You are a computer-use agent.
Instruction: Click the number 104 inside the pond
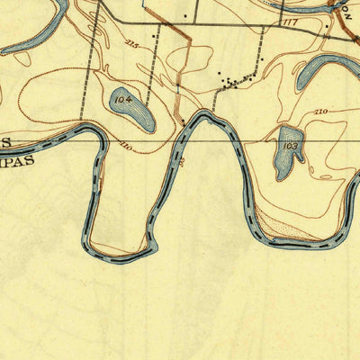coord(123,97)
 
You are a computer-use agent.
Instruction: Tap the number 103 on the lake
coord(290,146)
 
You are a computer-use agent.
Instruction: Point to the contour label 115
coord(132,42)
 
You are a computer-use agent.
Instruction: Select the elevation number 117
coord(289,21)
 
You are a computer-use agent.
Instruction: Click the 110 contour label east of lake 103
coord(320,111)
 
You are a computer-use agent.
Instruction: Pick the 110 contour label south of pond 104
coord(124,147)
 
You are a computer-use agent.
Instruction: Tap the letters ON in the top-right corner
coord(345,4)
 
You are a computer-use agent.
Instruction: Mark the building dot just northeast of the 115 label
coord(185,15)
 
